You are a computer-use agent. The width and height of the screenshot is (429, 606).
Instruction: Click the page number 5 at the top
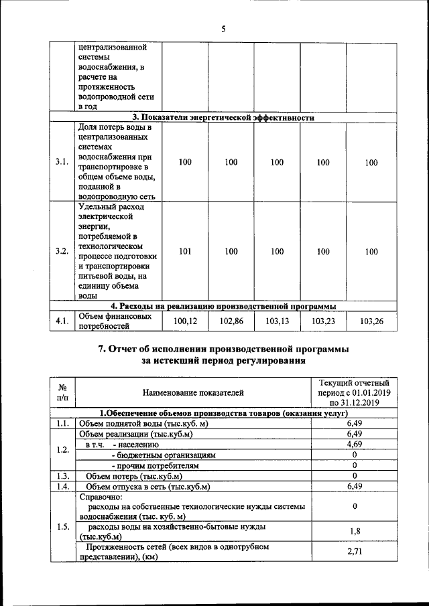[x=224, y=28]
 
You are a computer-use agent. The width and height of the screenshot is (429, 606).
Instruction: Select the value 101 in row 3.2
[x=186, y=252]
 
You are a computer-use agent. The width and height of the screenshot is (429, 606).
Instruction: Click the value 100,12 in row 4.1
[x=186, y=321]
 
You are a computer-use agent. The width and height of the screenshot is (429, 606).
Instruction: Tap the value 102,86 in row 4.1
[x=231, y=321]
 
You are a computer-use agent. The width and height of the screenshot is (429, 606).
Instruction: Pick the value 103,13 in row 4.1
[x=277, y=321]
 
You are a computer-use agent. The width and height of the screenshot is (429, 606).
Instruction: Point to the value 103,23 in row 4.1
[x=323, y=321]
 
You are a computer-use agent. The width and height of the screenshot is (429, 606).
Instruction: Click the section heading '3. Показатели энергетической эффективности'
[x=223, y=118]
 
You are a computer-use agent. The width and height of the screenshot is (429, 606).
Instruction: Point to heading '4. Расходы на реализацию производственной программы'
[x=223, y=306]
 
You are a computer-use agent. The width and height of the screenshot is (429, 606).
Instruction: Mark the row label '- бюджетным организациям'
[x=164, y=455]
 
